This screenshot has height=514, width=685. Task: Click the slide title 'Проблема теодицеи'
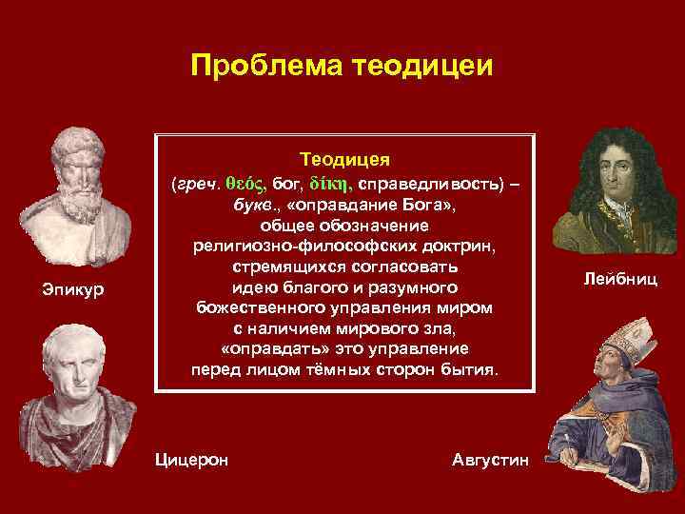tap(342, 66)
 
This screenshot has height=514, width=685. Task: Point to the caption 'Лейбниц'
tap(619, 279)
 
